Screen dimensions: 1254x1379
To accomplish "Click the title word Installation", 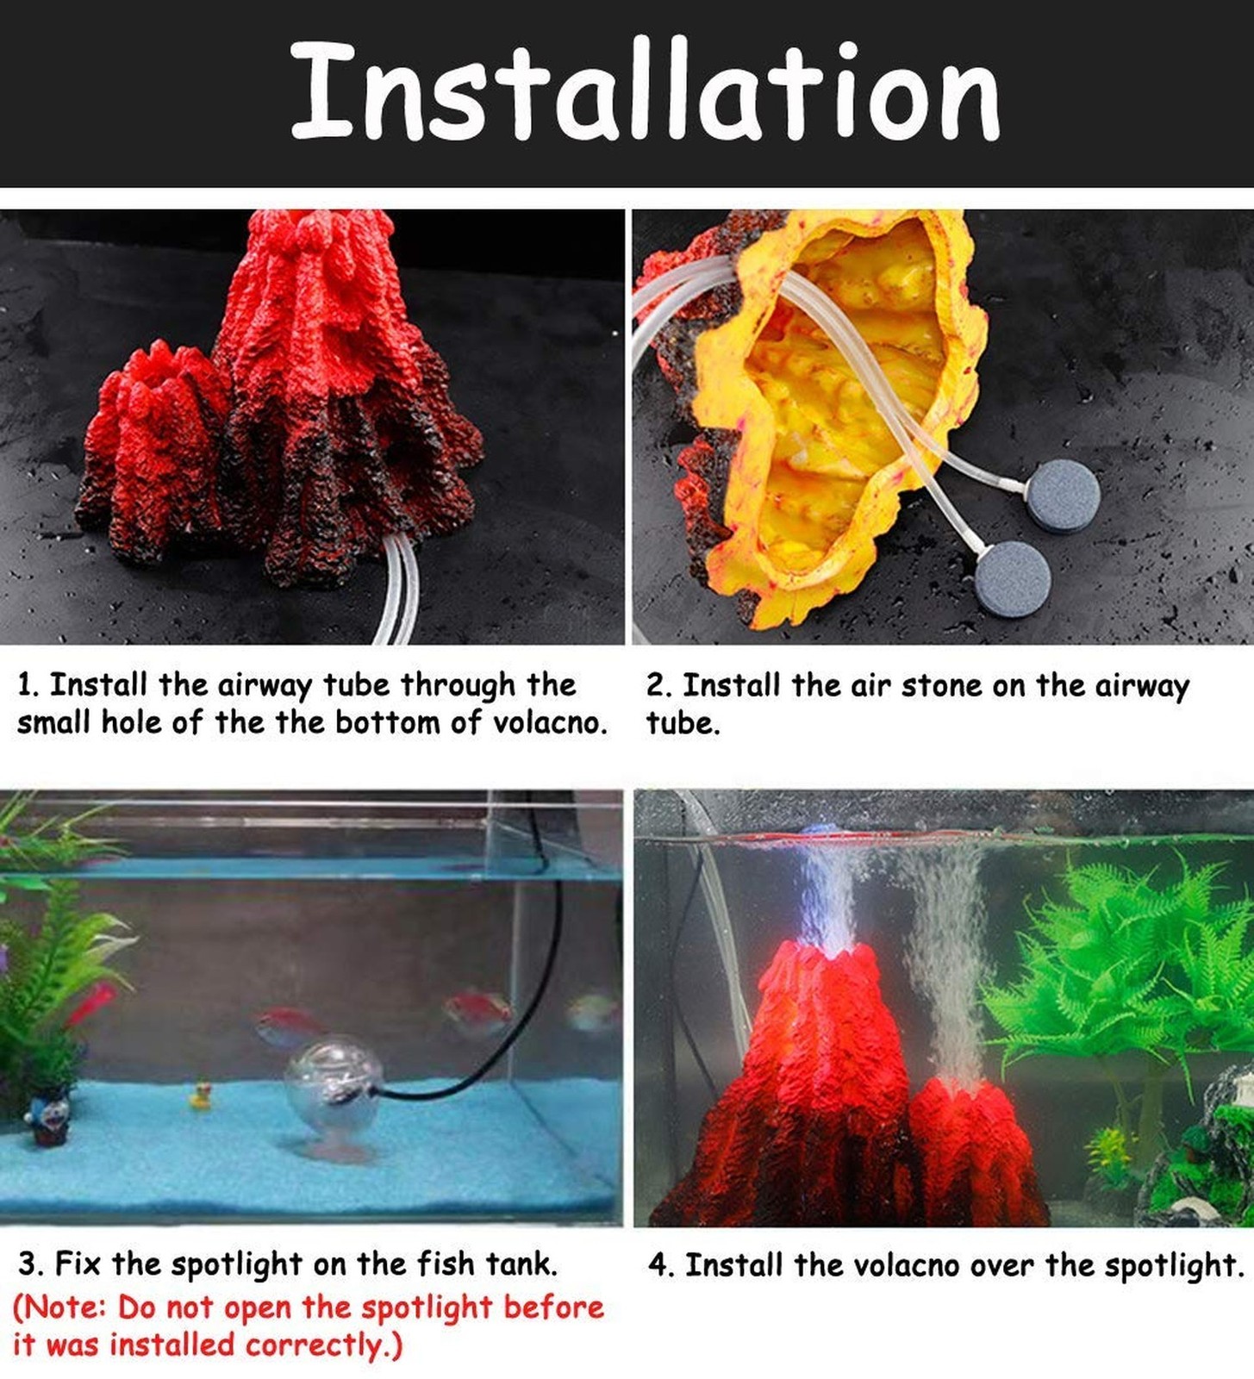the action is coord(645,91).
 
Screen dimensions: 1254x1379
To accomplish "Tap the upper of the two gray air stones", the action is coord(1062,496).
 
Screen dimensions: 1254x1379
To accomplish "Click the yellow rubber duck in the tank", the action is coord(201,1096).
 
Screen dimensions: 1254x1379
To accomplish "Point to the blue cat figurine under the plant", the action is coord(50,1117).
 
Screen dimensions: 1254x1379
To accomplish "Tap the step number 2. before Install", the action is coord(659,686).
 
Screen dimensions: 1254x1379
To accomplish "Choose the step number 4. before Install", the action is coord(662,1265).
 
